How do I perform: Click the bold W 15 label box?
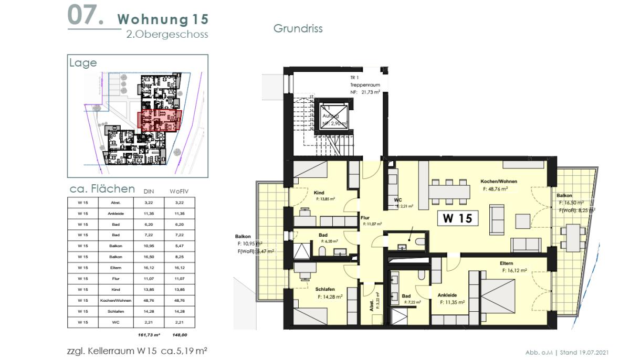pos(457,218)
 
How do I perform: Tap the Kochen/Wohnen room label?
pos(498,182)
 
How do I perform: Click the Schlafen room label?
pos(325,289)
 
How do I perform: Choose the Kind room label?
pos(319,193)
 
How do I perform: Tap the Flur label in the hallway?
pos(365,217)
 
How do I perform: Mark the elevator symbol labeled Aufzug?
pos(327,117)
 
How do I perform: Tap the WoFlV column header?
pos(178,191)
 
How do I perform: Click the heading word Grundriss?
pos(298,28)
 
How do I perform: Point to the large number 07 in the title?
pos(85,16)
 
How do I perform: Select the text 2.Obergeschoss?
pos(167,34)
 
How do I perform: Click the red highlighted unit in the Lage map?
pos(159,121)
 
